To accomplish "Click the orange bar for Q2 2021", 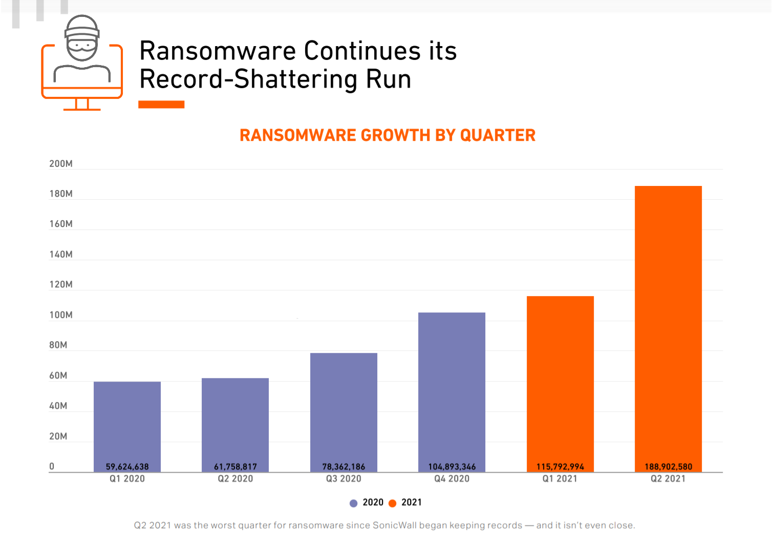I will click(668, 328).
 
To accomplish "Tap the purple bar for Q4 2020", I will click(451, 391).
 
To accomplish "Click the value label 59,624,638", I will click(127, 467).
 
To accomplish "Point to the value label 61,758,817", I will click(235, 467).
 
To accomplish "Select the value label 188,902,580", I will click(668, 467).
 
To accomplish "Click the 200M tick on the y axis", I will click(61, 164).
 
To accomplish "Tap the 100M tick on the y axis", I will click(61, 315).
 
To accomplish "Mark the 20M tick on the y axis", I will click(58, 436).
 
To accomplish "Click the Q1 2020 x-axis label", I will click(127, 479).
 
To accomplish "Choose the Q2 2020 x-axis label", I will click(235, 479).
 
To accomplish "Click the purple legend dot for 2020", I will click(353, 503).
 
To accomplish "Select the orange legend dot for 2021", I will click(393, 503).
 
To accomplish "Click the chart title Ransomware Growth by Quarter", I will click(388, 135).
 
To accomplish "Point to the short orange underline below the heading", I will click(161, 104).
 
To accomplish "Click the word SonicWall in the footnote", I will click(394, 526).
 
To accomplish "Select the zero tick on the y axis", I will click(52, 467).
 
